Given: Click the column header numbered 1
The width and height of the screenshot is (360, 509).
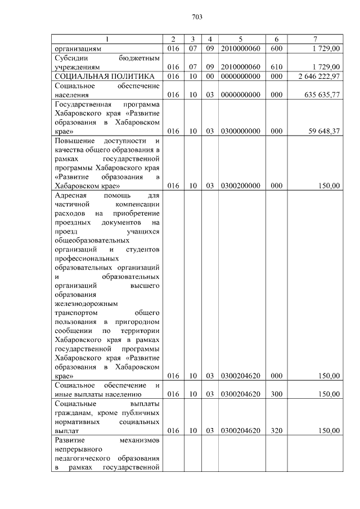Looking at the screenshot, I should [107, 39].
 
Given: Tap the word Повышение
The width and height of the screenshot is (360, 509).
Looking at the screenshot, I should [75, 140].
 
